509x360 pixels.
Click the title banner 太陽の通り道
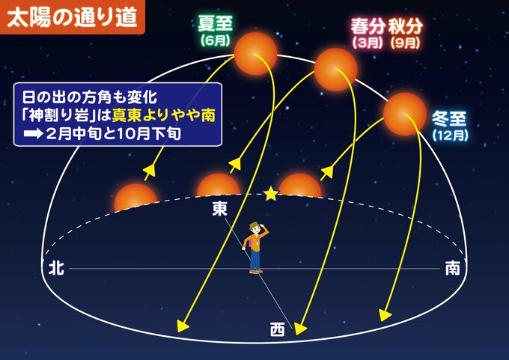click(x=72, y=17)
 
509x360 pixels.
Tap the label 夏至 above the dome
click(x=216, y=25)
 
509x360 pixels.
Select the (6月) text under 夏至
click(x=216, y=40)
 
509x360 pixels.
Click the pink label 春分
click(x=368, y=27)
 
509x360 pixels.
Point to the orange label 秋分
click(x=406, y=27)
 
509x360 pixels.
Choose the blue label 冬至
click(x=449, y=119)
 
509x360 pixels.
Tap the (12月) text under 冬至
click(x=451, y=135)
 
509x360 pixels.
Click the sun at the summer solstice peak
click(x=255, y=54)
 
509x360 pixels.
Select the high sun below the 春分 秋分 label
click(x=336, y=70)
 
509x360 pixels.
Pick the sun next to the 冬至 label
click(x=404, y=114)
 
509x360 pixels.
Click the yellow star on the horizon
click(x=271, y=194)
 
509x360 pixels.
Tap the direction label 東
click(x=220, y=209)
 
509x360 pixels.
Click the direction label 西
click(x=278, y=329)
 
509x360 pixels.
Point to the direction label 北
click(x=56, y=269)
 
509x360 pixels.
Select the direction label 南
click(x=452, y=269)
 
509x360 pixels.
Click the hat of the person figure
click(x=254, y=225)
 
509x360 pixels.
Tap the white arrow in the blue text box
click(x=33, y=134)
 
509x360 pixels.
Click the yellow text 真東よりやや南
click(x=164, y=115)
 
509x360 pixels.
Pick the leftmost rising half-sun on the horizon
click(x=135, y=198)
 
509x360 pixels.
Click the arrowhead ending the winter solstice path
click(x=384, y=315)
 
